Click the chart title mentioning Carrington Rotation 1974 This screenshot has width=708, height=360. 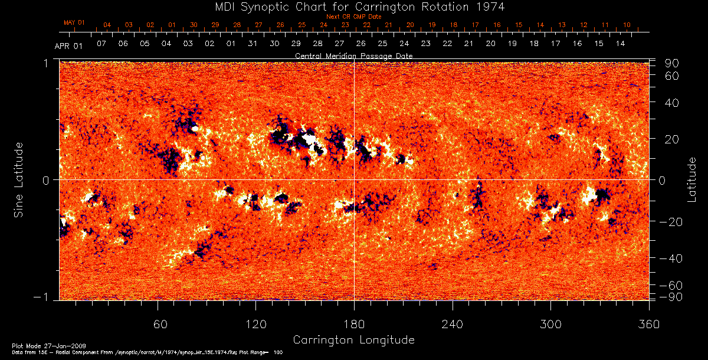pyautogui.click(x=354, y=6)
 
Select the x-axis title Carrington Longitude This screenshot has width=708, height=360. pyautogui.click(x=353, y=340)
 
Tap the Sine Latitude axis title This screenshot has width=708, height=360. pyautogui.click(x=19, y=179)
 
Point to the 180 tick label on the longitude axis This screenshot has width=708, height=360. pyautogui.click(x=354, y=325)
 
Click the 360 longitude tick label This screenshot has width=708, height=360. pyautogui.click(x=648, y=325)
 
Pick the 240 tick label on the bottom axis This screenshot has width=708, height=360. pyautogui.click(x=452, y=325)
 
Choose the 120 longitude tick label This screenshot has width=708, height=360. pyautogui.click(x=255, y=325)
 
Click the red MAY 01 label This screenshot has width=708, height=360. pyautogui.click(x=74, y=22)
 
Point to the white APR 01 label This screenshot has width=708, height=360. pyautogui.click(x=68, y=45)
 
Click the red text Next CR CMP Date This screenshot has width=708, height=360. pyautogui.click(x=353, y=17)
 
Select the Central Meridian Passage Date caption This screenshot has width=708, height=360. pyautogui.click(x=353, y=55)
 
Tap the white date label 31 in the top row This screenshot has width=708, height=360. pyautogui.click(x=253, y=44)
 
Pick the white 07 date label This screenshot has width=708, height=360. pyautogui.click(x=101, y=44)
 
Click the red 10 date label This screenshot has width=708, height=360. pyautogui.click(x=627, y=25)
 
